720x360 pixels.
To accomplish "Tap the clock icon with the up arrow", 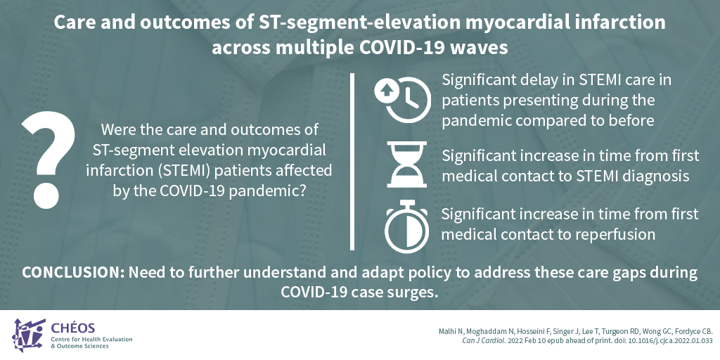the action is click(x=403, y=99).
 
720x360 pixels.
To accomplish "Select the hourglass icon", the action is click(x=407, y=165).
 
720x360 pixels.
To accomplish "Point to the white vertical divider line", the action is click(x=352, y=161).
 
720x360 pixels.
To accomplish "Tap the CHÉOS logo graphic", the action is click(x=28, y=335).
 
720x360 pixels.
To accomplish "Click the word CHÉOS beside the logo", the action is click(x=73, y=328).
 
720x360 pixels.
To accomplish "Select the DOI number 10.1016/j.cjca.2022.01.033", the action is click(x=673, y=341).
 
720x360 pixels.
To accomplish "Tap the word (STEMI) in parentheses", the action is click(x=185, y=170).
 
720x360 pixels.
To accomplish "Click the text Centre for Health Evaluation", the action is click(x=91, y=340).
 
